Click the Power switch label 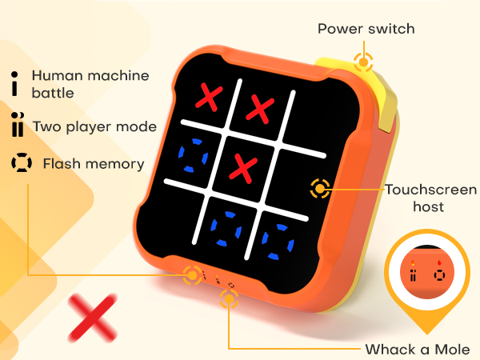[x=366, y=29]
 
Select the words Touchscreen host [x=430, y=198]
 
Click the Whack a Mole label [x=417, y=349]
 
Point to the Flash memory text [x=93, y=164]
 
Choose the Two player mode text [x=94, y=126]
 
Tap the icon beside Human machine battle [x=14, y=82]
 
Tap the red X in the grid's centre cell [x=242, y=167]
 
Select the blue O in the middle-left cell [x=194, y=154]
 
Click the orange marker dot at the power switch [x=364, y=62]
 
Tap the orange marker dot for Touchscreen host [x=320, y=189]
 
